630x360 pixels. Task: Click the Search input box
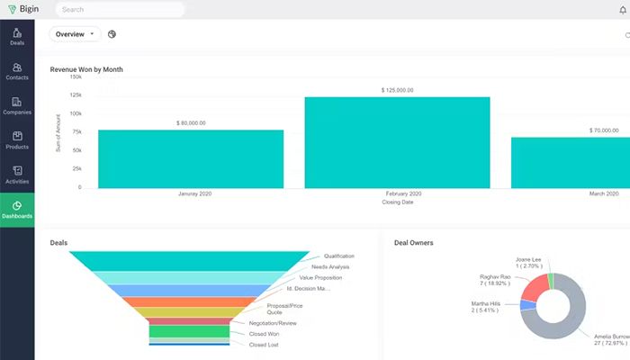(120, 9)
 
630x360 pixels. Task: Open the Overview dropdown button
(75, 34)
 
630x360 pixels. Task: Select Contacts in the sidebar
(17, 71)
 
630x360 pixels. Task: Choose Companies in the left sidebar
(17, 106)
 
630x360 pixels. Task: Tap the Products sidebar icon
(17, 140)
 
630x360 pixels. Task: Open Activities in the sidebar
(17, 175)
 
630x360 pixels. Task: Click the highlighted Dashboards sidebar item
(17, 210)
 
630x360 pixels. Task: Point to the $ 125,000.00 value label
(397, 90)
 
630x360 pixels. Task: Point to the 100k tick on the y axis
(76, 113)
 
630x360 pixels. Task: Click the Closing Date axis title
(397, 202)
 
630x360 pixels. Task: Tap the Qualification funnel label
(339, 256)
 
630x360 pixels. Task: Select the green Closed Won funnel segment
(189, 331)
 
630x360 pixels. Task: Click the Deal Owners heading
(413, 242)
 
